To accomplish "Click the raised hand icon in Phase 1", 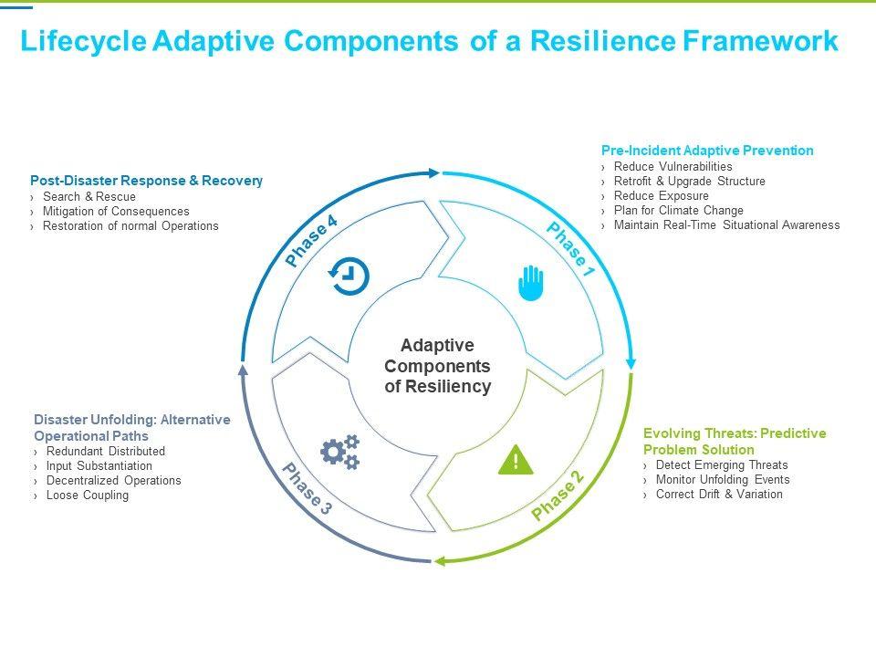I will pos(530,283).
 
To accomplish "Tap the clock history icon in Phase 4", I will pos(349,276).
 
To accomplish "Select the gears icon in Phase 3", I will pos(339,452).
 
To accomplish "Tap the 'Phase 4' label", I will pos(311,242).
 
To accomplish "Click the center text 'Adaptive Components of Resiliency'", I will pos(438,366).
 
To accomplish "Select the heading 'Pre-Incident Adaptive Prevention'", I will pos(707,151).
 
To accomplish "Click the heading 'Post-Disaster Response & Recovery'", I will pos(146,181).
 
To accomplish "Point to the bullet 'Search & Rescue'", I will pos(89,197).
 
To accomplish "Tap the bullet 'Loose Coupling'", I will pos(88,495).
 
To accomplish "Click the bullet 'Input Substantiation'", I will pos(99,466).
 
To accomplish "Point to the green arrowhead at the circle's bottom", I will pos(440,560).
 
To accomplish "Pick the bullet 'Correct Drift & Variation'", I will pos(719,495).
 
